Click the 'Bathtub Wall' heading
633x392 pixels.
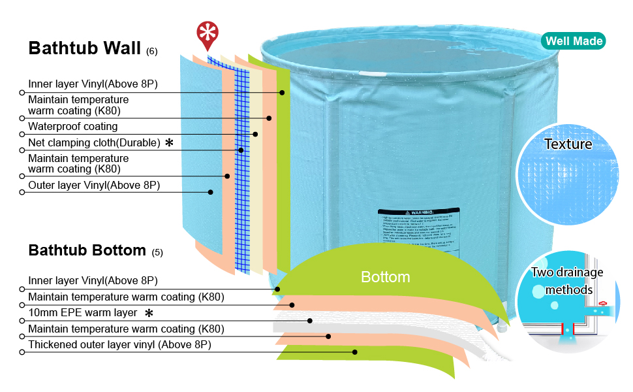[x=84, y=48]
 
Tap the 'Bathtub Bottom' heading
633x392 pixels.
[x=87, y=250]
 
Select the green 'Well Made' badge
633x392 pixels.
[x=574, y=41]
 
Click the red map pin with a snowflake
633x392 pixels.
[x=208, y=34]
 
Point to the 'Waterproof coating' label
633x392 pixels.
[x=72, y=126]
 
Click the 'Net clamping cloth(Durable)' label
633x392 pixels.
[x=94, y=143]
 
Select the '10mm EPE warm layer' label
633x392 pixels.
[x=82, y=313]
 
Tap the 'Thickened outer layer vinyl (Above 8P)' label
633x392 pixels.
[x=119, y=344]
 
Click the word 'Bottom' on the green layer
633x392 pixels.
[x=386, y=277]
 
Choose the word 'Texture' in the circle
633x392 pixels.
[x=568, y=144]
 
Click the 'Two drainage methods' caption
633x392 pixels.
[x=566, y=281]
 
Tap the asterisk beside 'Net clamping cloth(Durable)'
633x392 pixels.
[x=169, y=142]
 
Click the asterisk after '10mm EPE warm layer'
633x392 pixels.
[x=149, y=313]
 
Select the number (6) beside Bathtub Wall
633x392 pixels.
[x=151, y=51]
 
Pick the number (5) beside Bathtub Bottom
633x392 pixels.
[x=157, y=252]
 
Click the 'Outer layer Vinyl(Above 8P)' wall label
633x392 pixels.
[x=94, y=186]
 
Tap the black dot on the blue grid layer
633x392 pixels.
[x=241, y=150]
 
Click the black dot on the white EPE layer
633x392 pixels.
[x=310, y=321]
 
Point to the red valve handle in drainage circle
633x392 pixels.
[x=604, y=302]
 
